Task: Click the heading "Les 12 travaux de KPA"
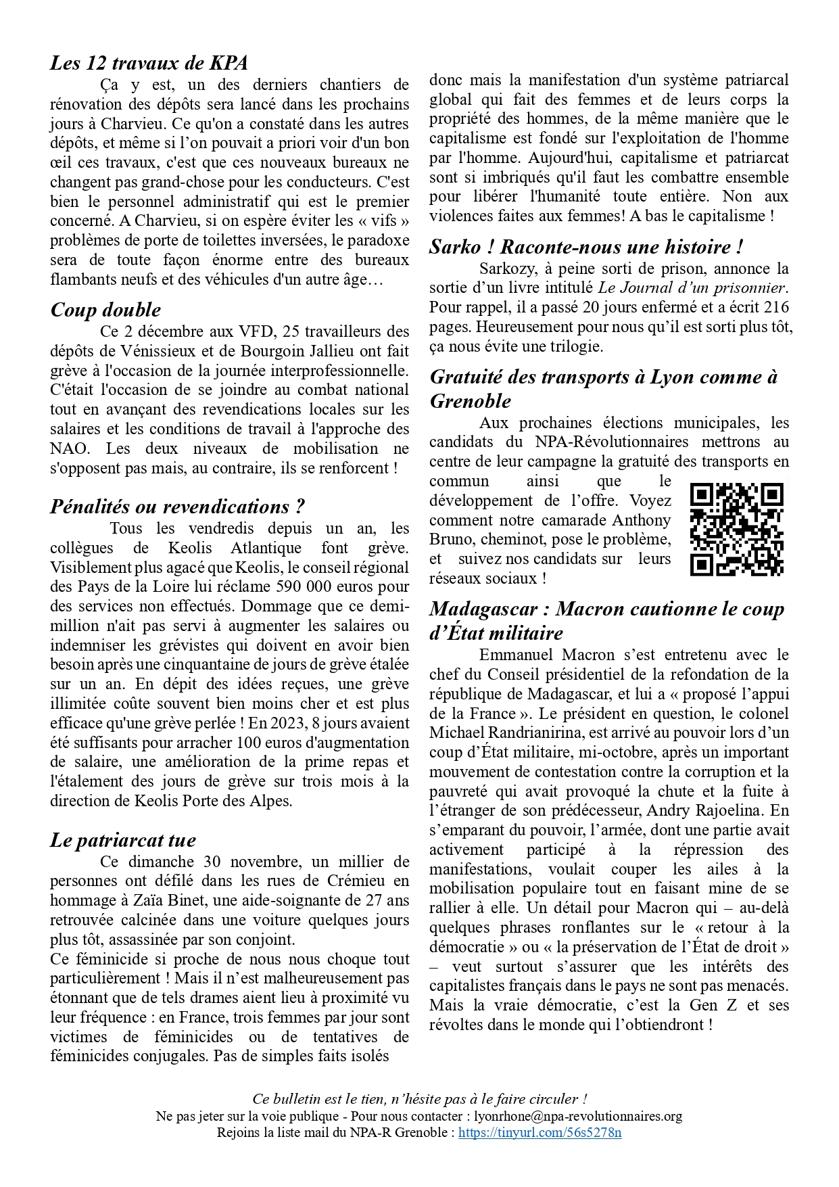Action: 149,63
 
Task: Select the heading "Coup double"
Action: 105,310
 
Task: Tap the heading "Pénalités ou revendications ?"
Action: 177,507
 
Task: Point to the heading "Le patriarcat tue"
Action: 122,840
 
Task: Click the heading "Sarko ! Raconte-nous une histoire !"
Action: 586,247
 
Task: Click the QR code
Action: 736,529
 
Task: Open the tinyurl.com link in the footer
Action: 540,1132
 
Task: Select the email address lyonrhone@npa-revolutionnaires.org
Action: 578,1116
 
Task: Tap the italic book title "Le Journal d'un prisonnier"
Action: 693,288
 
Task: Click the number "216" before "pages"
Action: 775,308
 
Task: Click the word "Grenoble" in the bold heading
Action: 471,401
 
